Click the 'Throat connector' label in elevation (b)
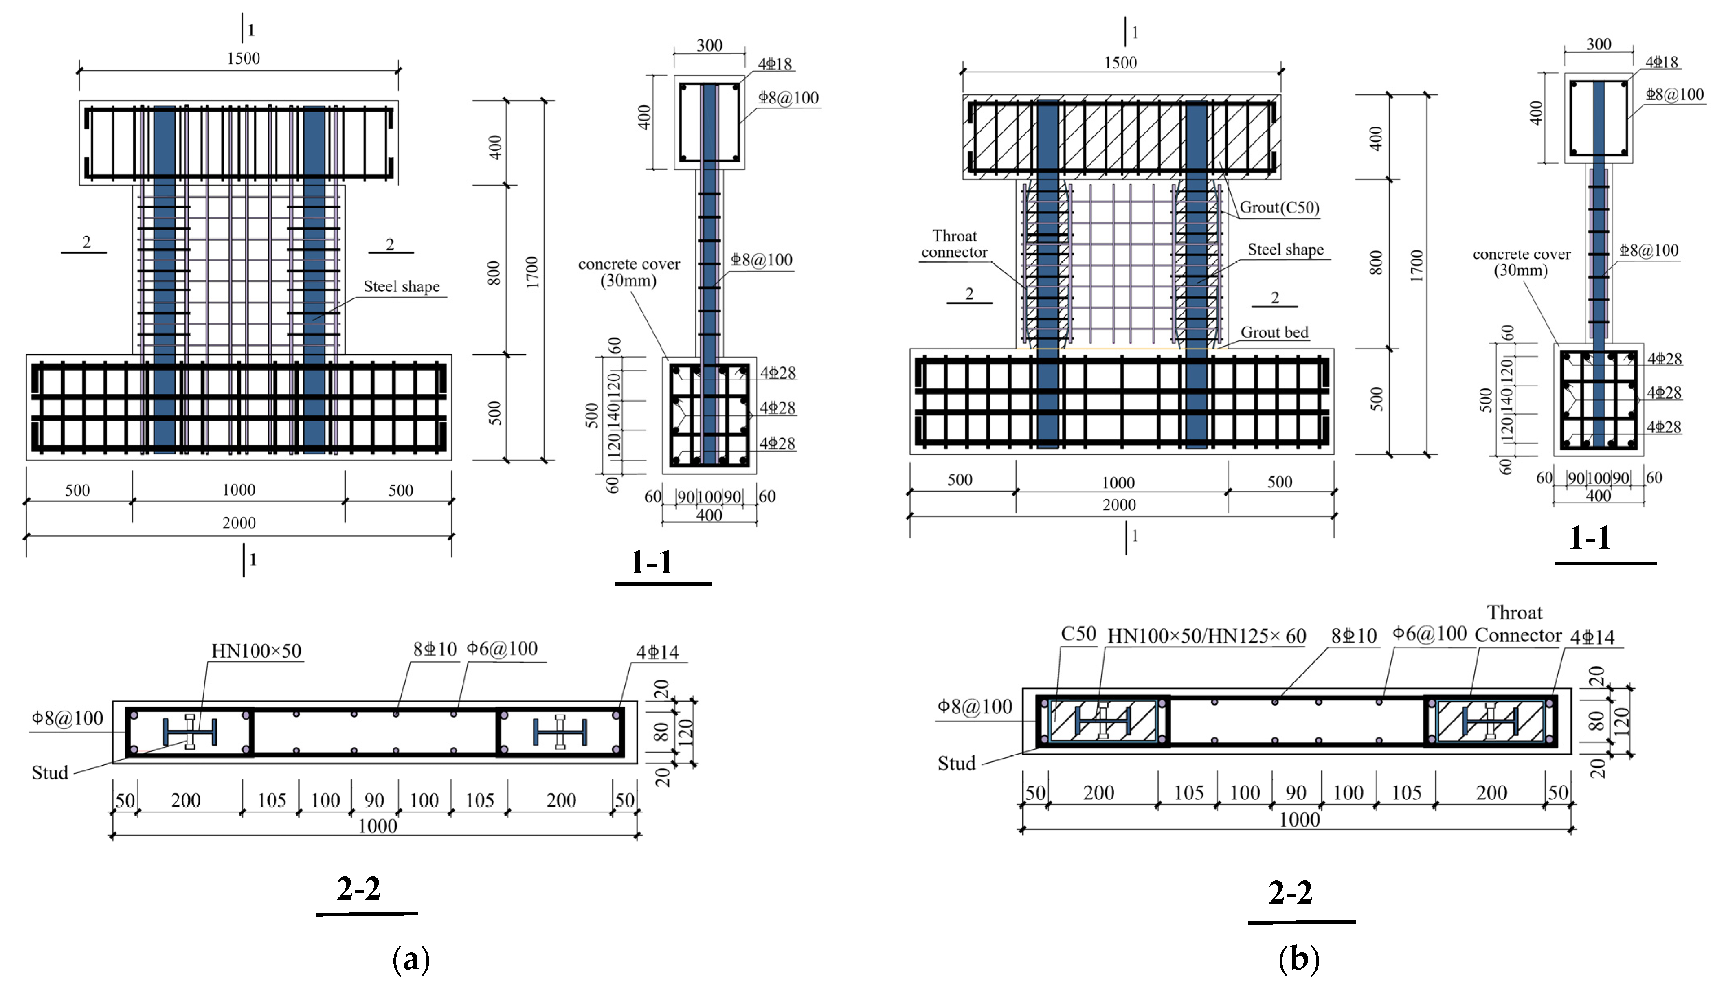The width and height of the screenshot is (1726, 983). coord(954,244)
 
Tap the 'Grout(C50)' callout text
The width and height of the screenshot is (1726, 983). coord(1279,207)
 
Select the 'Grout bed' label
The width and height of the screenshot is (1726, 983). coord(1274,332)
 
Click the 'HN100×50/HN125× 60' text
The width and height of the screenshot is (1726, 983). coord(1206,636)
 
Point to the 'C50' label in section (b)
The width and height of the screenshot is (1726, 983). coord(1078,634)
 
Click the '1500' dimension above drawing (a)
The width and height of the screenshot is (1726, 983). coord(243,58)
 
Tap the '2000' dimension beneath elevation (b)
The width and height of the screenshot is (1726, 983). coord(1118,505)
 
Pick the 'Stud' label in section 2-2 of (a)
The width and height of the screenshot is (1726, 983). coord(50,772)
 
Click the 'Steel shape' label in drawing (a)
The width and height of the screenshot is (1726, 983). coord(401,286)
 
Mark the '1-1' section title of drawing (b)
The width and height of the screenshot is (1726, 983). coord(1590,538)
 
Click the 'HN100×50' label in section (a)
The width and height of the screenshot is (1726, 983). coord(256,651)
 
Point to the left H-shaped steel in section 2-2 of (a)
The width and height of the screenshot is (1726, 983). coord(190,732)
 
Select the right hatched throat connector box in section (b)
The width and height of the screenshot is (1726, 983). coord(1490,721)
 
